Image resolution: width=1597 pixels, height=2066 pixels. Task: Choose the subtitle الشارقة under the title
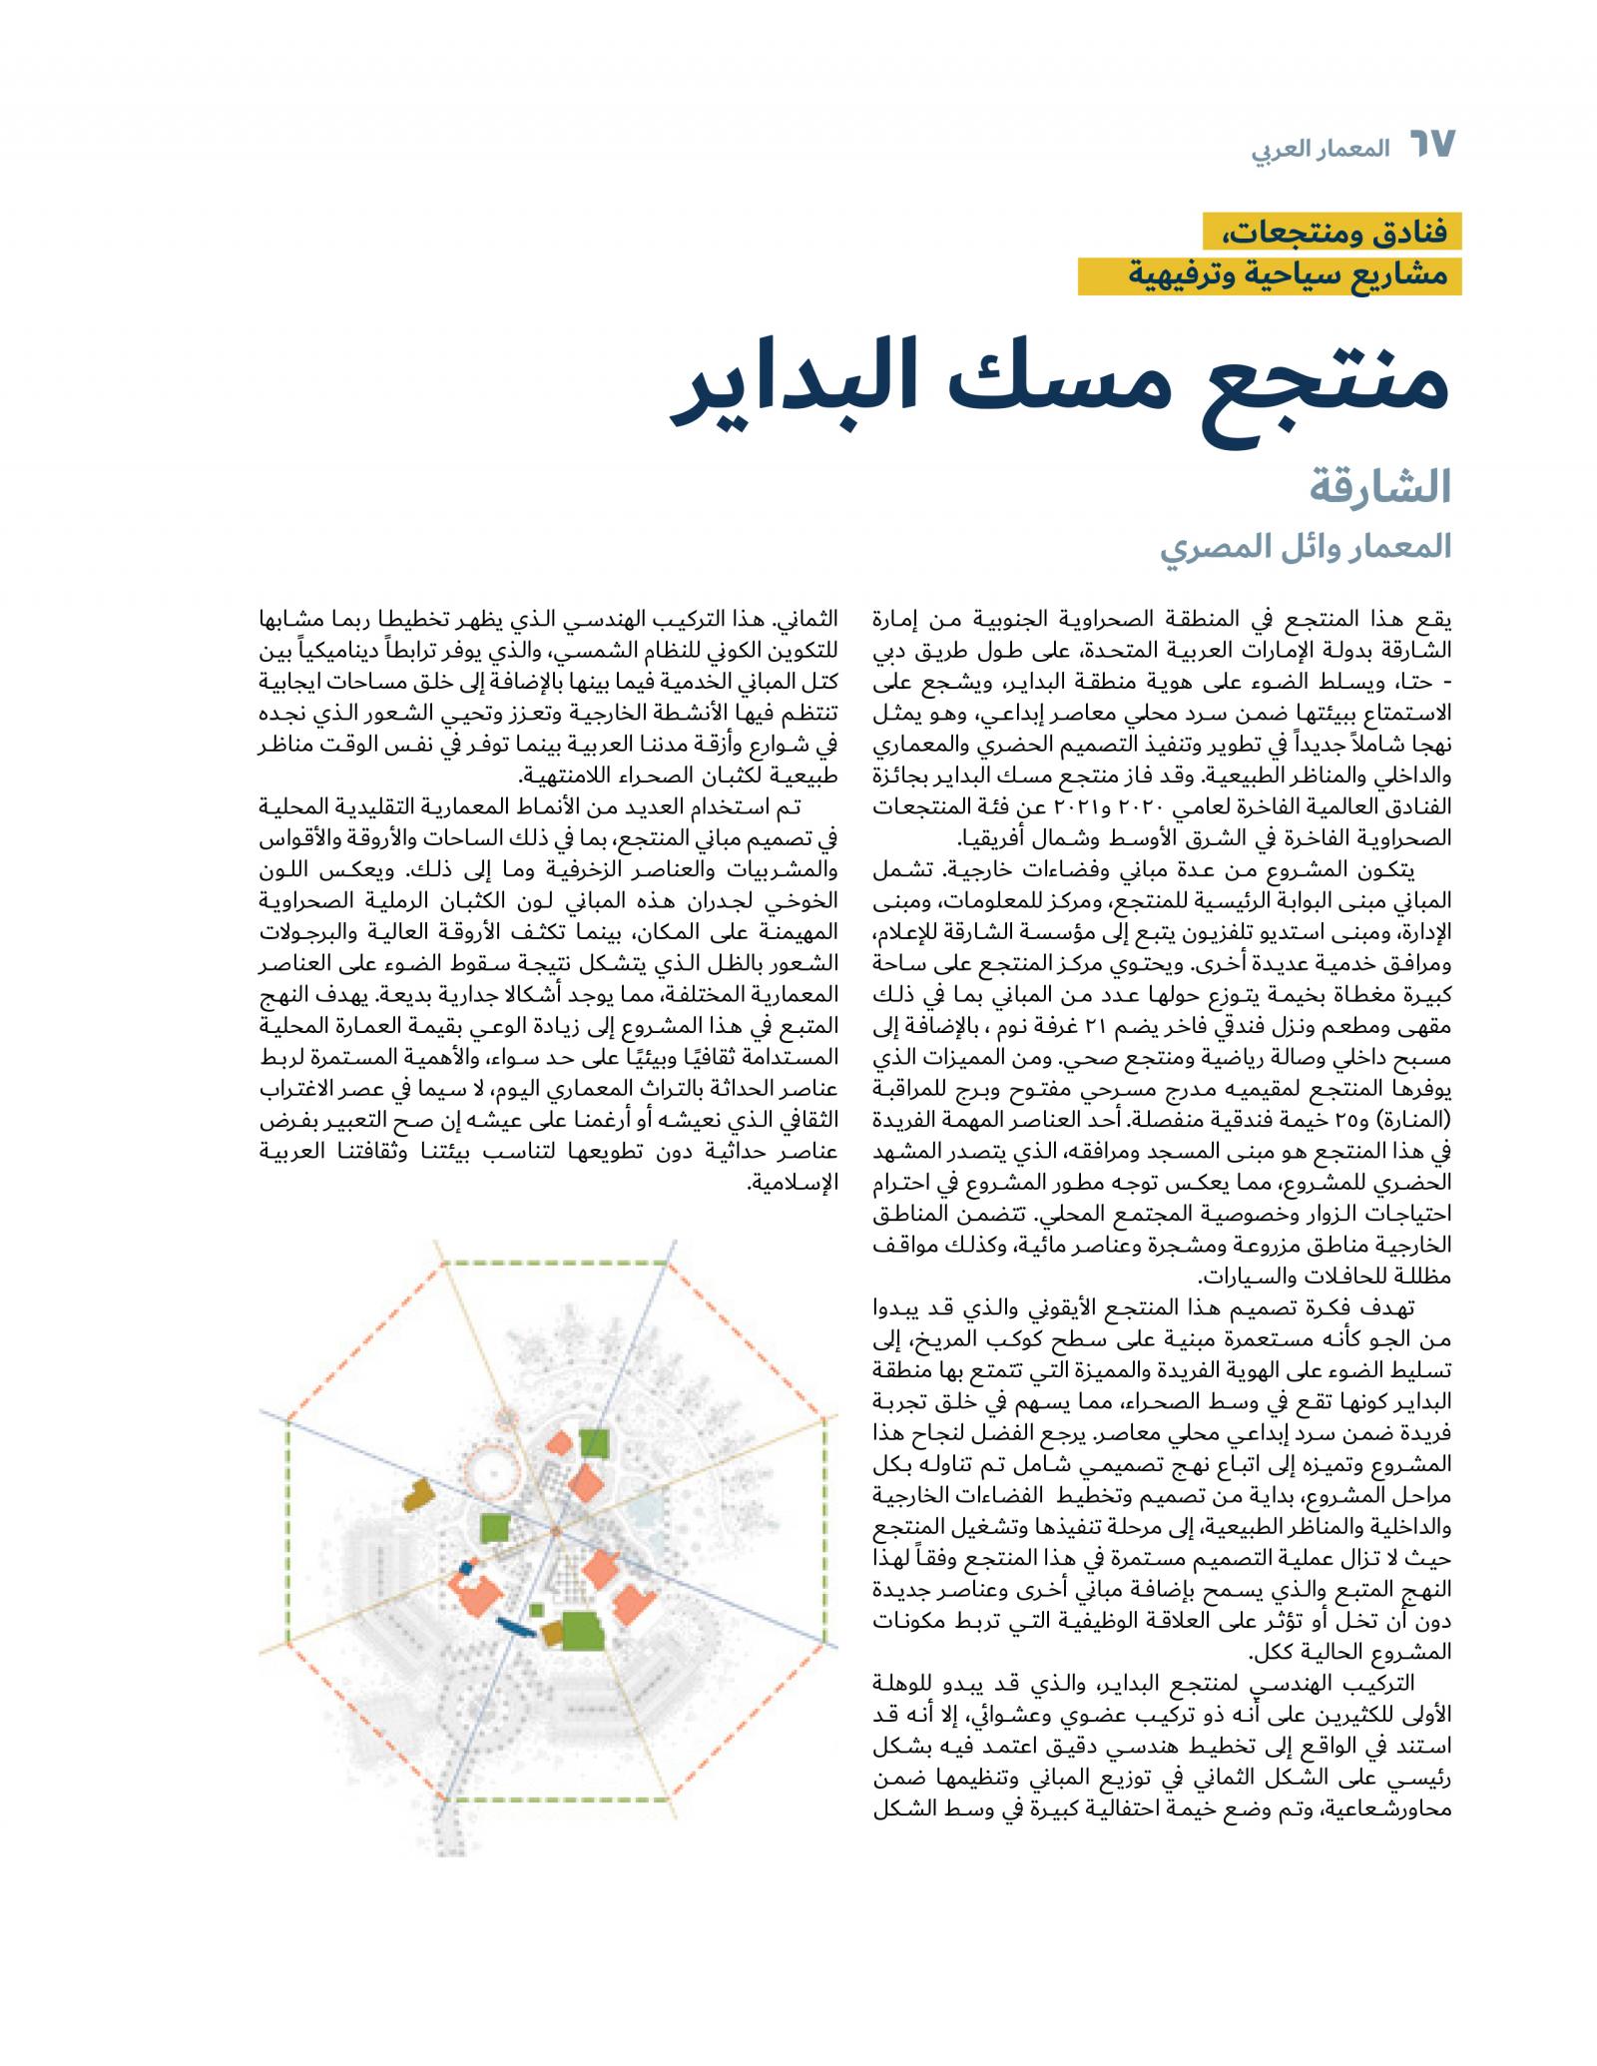coord(1388,488)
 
